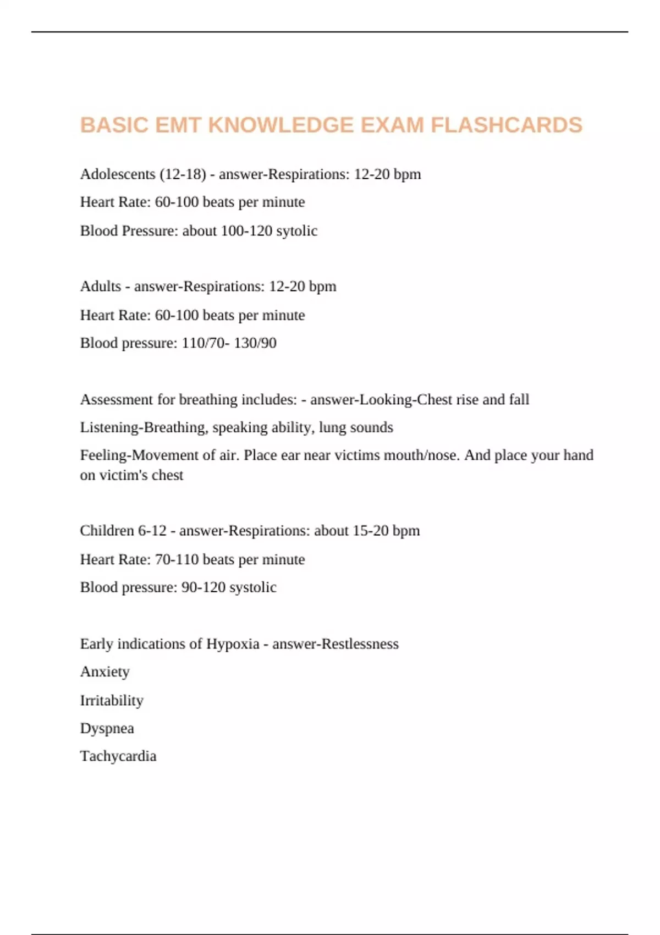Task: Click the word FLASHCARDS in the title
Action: pos(507,125)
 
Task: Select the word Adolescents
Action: pos(118,174)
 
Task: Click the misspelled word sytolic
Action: pos(297,231)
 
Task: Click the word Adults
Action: pos(101,287)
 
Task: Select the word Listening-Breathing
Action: pos(144,428)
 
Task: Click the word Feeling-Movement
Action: pos(140,455)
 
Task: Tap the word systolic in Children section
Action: pos(252,587)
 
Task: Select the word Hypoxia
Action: pos(233,644)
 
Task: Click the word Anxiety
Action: pos(105,672)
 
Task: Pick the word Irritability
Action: pos(112,701)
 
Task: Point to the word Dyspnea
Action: pos(107,729)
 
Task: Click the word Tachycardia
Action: pos(118,756)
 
